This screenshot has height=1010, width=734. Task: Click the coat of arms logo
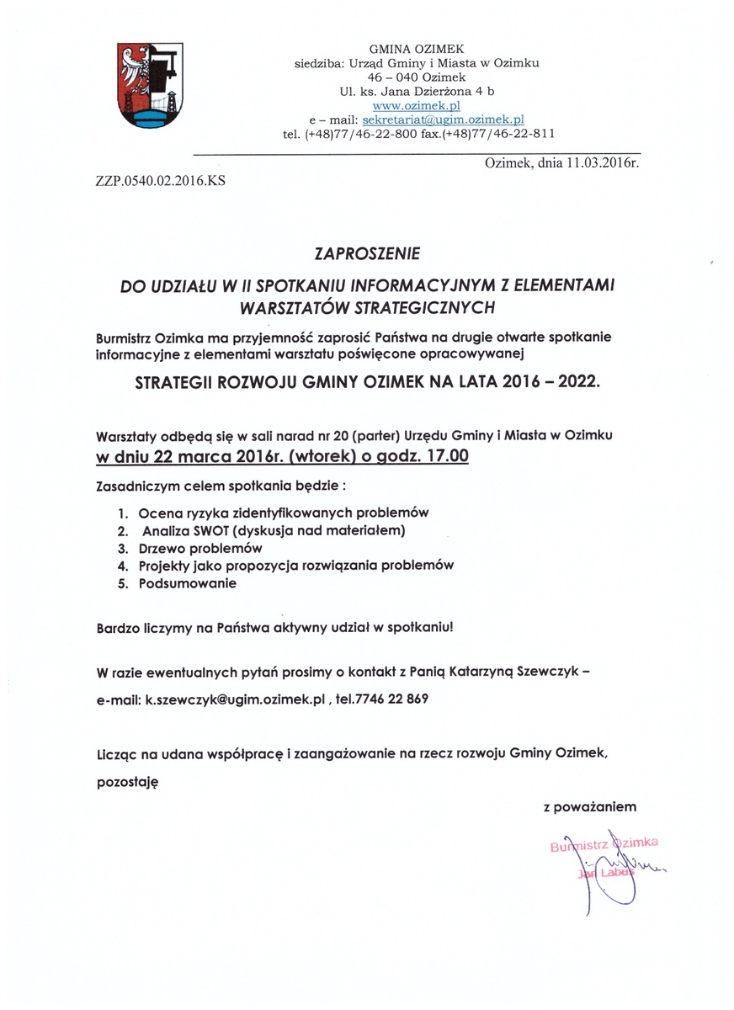(x=151, y=87)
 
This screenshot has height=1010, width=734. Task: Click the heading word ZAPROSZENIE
(x=366, y=252)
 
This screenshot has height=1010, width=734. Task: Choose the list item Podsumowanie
(x=188, y=582)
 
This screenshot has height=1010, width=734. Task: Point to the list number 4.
(x=122, y=565)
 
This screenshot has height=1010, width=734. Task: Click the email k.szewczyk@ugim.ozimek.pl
(x=235, y=699)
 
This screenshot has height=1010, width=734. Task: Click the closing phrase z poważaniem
(x=589, y=807)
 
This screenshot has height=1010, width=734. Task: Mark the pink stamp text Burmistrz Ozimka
(x=603, y=843)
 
